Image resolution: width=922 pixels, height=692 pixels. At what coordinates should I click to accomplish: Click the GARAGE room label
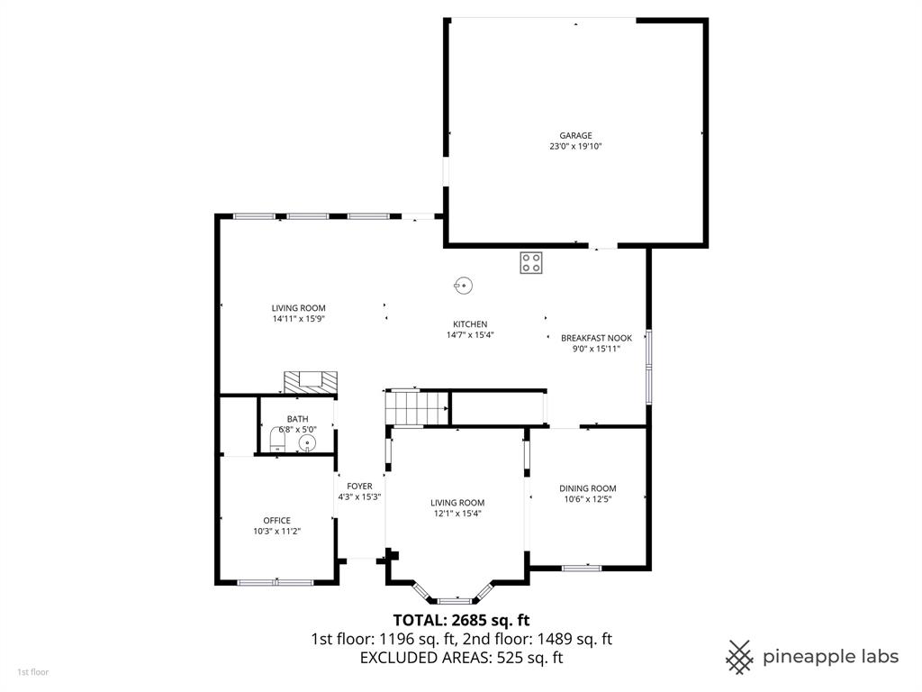(x=575, y=135)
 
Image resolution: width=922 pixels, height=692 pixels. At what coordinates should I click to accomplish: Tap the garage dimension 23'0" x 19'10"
(x=575, y=146)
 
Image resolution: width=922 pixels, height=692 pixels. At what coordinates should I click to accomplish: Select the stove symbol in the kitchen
(x=530, y=262)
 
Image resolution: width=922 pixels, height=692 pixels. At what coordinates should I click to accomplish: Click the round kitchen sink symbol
(x=463, y=285)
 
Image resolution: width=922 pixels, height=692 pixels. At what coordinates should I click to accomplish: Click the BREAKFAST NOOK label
(x=596, y=338)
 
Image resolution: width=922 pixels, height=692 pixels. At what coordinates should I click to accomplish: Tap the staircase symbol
(x=417, y=408)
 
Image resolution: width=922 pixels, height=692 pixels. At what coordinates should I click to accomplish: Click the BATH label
(x=297, y=419)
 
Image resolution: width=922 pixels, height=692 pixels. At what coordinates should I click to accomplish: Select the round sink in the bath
(x=308, y=442)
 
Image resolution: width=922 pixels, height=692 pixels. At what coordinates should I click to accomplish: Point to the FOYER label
(x=359, y=487)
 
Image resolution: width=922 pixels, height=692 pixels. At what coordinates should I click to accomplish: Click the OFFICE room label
(x=276, y=520)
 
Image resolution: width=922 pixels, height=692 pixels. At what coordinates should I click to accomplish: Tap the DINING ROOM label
(x=587, y=488)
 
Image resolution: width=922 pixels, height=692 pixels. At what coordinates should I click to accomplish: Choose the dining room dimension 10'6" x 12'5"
(x=587, y=499)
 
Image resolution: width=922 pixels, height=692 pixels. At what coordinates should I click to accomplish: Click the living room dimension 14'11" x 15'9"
(x=298, y=318)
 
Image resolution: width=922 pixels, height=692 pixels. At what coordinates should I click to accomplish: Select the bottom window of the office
(x=275, y=582)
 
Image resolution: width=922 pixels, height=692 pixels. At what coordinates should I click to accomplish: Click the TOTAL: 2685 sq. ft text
(x=461, y=620)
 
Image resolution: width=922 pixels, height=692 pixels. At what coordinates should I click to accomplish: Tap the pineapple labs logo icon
(x=740, y=656)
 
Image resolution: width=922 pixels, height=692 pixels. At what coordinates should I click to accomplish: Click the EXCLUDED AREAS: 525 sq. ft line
(x=461, y=658)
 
